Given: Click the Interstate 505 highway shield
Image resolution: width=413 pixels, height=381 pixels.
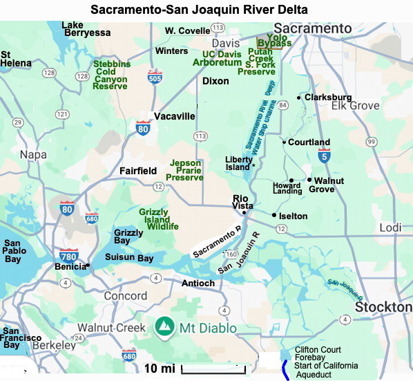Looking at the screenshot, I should click(x=155, y=77).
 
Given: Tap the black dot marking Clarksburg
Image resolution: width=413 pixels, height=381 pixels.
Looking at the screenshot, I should click(x=299, y=97).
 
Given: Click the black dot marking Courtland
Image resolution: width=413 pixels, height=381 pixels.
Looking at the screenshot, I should click(x=283, y=142).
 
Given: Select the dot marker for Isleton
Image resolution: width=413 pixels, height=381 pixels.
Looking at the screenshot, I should click(x=274, y=215).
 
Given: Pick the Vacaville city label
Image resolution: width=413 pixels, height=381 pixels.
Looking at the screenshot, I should click(x=174, y=116).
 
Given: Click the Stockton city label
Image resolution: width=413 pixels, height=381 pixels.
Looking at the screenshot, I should click(x=383, y=306).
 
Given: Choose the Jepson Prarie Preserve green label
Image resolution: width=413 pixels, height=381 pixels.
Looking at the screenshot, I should click(x=186, y=170).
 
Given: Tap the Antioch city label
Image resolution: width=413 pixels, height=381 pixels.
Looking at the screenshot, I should click(x=198, y=283).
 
